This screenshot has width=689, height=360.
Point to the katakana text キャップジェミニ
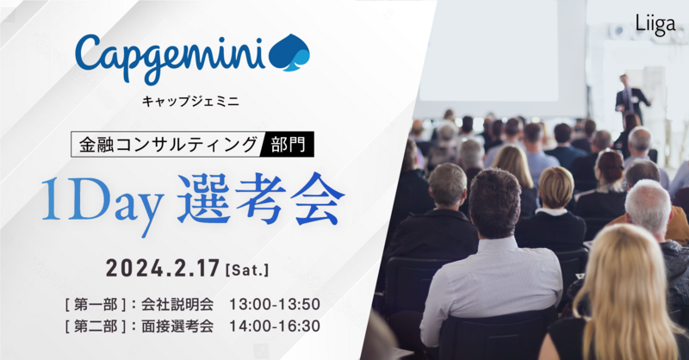pos(190,101)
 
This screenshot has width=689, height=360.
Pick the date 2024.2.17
pos(162,268)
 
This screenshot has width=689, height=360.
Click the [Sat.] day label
pos(246,270)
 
